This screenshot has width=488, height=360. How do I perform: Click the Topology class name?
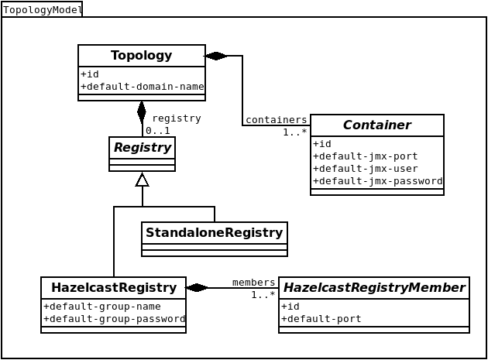(141, 56)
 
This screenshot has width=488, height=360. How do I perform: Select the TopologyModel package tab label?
(42, 10)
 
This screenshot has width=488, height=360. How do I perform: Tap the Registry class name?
(142, 147)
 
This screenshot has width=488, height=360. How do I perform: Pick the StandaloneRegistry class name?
(214, 232)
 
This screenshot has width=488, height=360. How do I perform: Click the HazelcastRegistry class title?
(113, 287)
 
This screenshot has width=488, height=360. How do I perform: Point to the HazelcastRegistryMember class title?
(374, 287)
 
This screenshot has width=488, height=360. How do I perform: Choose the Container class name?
(376, 125)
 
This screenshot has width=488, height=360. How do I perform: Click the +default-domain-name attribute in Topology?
(142, 87)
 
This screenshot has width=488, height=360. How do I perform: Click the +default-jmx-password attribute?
(377, 181)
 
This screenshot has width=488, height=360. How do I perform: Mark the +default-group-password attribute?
(114, 319)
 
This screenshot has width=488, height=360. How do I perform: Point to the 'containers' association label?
(276, 120)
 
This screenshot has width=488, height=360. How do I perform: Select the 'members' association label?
(253, 283)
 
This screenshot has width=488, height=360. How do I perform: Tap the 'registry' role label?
(177, 118)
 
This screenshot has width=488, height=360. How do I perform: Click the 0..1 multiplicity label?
(157, 131)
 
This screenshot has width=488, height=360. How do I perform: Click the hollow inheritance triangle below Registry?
(142, 180)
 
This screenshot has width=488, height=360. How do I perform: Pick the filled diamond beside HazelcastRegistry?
(197, 288)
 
